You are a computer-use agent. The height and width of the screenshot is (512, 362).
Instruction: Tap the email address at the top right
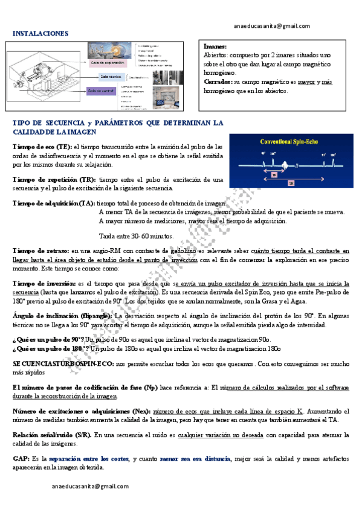point(271,26)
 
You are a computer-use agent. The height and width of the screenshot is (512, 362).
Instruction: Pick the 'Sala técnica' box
point(111,77)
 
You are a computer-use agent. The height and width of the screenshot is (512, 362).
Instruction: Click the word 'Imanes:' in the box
point(216,46)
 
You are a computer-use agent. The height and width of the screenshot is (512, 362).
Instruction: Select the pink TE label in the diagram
point(274,174)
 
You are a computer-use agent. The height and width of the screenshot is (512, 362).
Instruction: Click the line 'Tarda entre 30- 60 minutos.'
point(135,236)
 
